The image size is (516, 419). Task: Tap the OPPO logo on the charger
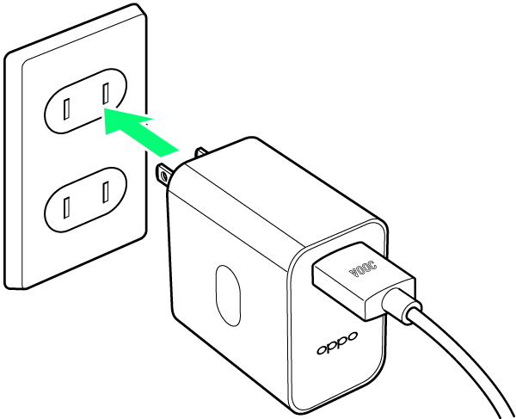point(337,343)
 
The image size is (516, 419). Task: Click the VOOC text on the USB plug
point(363,269)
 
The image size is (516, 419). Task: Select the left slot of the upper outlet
point(66,109)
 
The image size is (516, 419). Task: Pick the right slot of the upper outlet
point(106,94)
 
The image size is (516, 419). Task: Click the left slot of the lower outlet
point(66,207)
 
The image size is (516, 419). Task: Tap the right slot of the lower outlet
point(106,192)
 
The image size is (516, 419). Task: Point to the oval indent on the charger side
point(228,296)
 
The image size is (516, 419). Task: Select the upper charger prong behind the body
point(200,152)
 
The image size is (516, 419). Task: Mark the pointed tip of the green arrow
point(104,109)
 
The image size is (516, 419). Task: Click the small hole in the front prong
point(163,177)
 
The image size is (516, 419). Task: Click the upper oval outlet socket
point(85,101)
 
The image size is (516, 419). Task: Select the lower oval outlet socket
point(85,200)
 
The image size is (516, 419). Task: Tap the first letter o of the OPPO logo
point(322,349)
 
